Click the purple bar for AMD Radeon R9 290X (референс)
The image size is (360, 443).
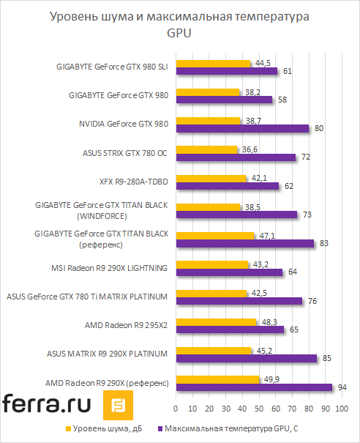[x=254, y=387]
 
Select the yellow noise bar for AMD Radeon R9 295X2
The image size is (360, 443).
[x=216, y=321]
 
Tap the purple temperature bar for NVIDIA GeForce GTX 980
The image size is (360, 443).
[x=242, y=128]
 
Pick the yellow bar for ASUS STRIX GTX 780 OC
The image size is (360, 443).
[x=206, y=149]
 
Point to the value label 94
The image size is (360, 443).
[x=342, y=387]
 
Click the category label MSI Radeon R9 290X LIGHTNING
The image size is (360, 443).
[x=109, y=268]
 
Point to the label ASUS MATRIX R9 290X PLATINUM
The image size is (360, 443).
[x=108, y=354]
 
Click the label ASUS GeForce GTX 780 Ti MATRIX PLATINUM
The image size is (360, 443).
[x=87, y=297]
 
